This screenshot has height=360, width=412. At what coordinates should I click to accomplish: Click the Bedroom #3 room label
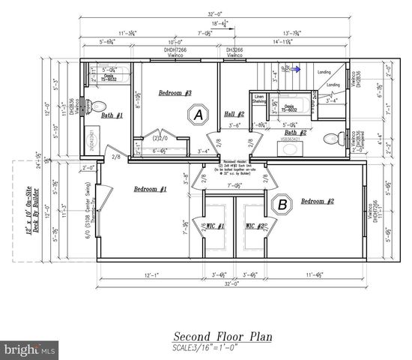pyautogui.click(x=175, y=93)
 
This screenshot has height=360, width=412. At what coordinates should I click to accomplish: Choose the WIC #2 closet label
pyautogui.click(x=255, y=225)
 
